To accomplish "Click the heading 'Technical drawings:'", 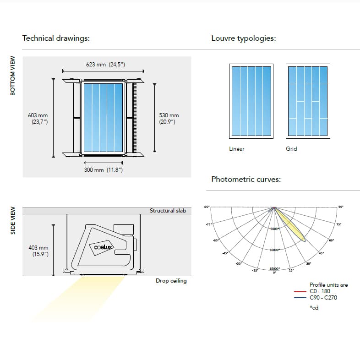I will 56,38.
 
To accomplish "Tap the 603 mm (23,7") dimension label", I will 38,119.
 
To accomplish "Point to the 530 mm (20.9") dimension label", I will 169,119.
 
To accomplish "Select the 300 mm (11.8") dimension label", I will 103,170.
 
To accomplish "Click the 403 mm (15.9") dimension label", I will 38,251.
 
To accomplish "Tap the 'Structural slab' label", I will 168,211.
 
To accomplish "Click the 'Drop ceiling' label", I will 171,281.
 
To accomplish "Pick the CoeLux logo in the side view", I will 104,247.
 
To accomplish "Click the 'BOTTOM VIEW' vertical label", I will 13,76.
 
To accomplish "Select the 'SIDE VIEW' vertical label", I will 13,220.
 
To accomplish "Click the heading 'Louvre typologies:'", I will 243,38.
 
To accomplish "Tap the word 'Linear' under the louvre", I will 237,149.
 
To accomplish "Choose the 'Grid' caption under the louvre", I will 291,149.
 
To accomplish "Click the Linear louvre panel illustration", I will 251,101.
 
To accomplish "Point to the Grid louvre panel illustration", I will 307,101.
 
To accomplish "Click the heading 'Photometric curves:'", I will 246,179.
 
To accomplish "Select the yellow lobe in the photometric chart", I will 292,226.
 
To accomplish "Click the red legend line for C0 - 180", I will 300,291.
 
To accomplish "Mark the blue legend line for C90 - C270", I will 300,297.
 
